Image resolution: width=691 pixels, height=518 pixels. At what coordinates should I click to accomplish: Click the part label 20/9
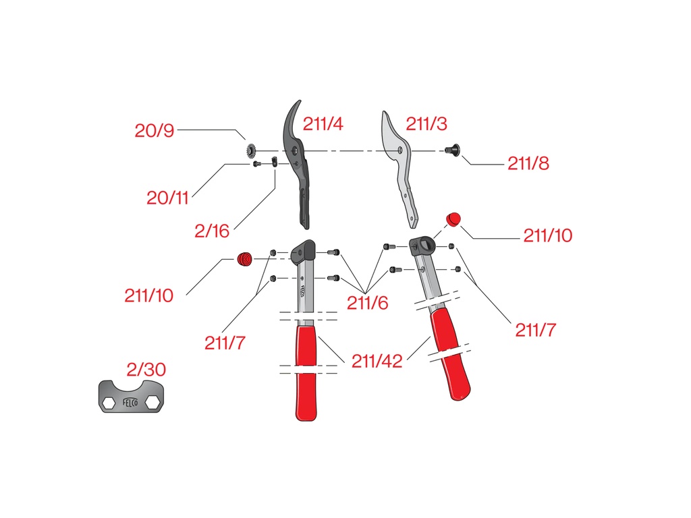point(155,130)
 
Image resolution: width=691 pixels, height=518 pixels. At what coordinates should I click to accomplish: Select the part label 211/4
point(323,124)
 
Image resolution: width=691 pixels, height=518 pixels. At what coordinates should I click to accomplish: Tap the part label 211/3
point(426,124)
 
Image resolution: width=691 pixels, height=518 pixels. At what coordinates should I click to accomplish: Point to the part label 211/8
point(528,163)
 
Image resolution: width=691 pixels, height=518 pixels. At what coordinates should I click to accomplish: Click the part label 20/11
point(167,198)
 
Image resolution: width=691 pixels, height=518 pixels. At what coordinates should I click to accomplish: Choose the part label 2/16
point(212,231)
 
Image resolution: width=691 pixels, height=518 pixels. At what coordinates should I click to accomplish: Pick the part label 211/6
point(367,303)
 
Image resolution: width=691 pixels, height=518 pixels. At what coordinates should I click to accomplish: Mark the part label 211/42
point(377,362)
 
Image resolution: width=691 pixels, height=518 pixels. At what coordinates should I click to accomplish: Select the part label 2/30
point(146,370)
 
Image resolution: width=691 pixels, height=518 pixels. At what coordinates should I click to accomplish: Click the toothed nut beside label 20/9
point(251,150)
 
